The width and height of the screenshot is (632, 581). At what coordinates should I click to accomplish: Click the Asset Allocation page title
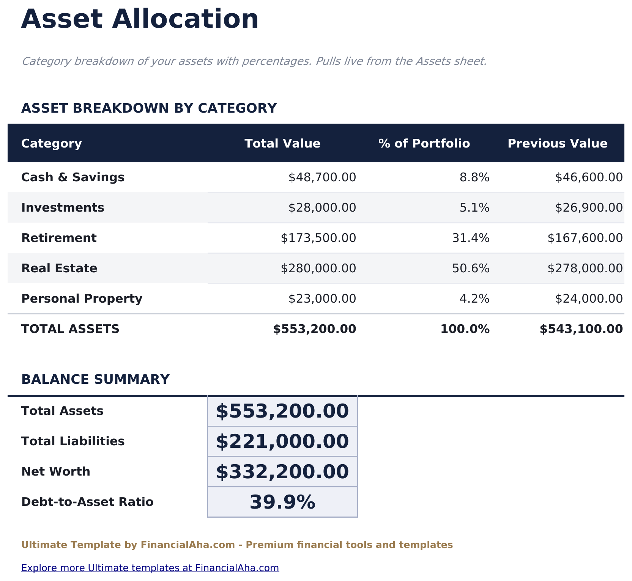point(140,19)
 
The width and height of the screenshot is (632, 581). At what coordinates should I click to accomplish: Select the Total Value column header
point(282,144)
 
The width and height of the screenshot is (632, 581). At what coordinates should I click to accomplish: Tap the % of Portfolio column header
point(424,144)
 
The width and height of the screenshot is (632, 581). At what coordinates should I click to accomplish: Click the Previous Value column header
point(557,144)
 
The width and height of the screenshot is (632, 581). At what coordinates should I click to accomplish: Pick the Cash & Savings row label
point(73,177)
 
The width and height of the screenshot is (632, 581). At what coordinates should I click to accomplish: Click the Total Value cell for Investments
point(322,208)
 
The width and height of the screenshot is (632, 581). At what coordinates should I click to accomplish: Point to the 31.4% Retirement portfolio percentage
point(471,238)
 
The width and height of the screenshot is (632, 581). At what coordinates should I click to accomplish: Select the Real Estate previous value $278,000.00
point(585,269)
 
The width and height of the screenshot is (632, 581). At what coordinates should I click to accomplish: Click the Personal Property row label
point(82,299)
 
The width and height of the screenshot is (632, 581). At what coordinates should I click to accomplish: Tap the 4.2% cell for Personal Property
point(474,299)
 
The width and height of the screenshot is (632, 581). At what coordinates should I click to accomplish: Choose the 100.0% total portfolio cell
point(465,329)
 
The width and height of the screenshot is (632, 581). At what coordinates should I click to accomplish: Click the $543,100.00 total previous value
point(581,329)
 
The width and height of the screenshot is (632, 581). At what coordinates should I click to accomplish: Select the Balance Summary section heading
point(95,380)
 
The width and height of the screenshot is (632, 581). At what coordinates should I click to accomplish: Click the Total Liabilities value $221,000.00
point(282,441)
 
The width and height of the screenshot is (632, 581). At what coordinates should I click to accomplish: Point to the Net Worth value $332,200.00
point(282,472)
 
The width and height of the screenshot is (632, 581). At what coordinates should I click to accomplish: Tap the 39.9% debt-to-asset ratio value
point(282,502)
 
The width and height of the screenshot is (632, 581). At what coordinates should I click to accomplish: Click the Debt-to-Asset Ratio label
point(87,502)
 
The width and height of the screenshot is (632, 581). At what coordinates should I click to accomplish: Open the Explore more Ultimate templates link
point(150,568)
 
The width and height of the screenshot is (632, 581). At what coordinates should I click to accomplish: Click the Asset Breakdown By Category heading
point(149,108)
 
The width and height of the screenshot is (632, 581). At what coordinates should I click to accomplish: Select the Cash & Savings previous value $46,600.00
point(588,177)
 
